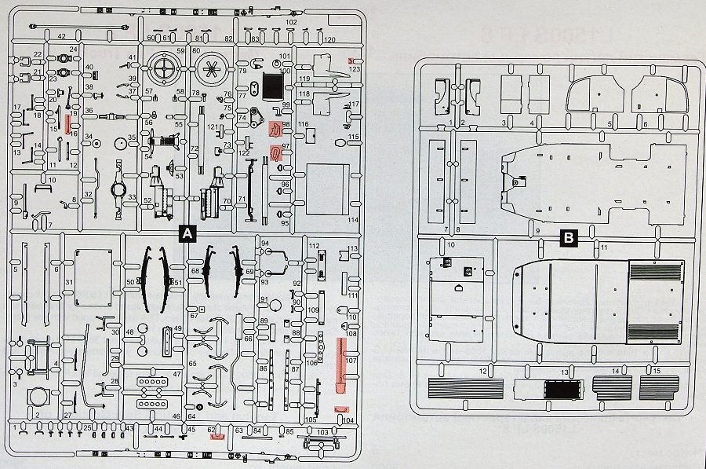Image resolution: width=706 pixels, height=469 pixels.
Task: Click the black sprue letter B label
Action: (x=569, y=236)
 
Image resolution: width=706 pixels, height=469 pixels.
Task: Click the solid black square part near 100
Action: (x=272, y=84)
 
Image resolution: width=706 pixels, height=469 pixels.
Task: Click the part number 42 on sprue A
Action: (x=61, y=37)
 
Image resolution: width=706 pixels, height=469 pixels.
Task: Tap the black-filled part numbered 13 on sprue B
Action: (x=563, y=389)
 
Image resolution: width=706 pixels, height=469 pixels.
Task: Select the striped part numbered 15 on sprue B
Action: (x=659, y=387)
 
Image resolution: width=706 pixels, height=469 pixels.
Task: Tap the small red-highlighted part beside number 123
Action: (x=355, y=61)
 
